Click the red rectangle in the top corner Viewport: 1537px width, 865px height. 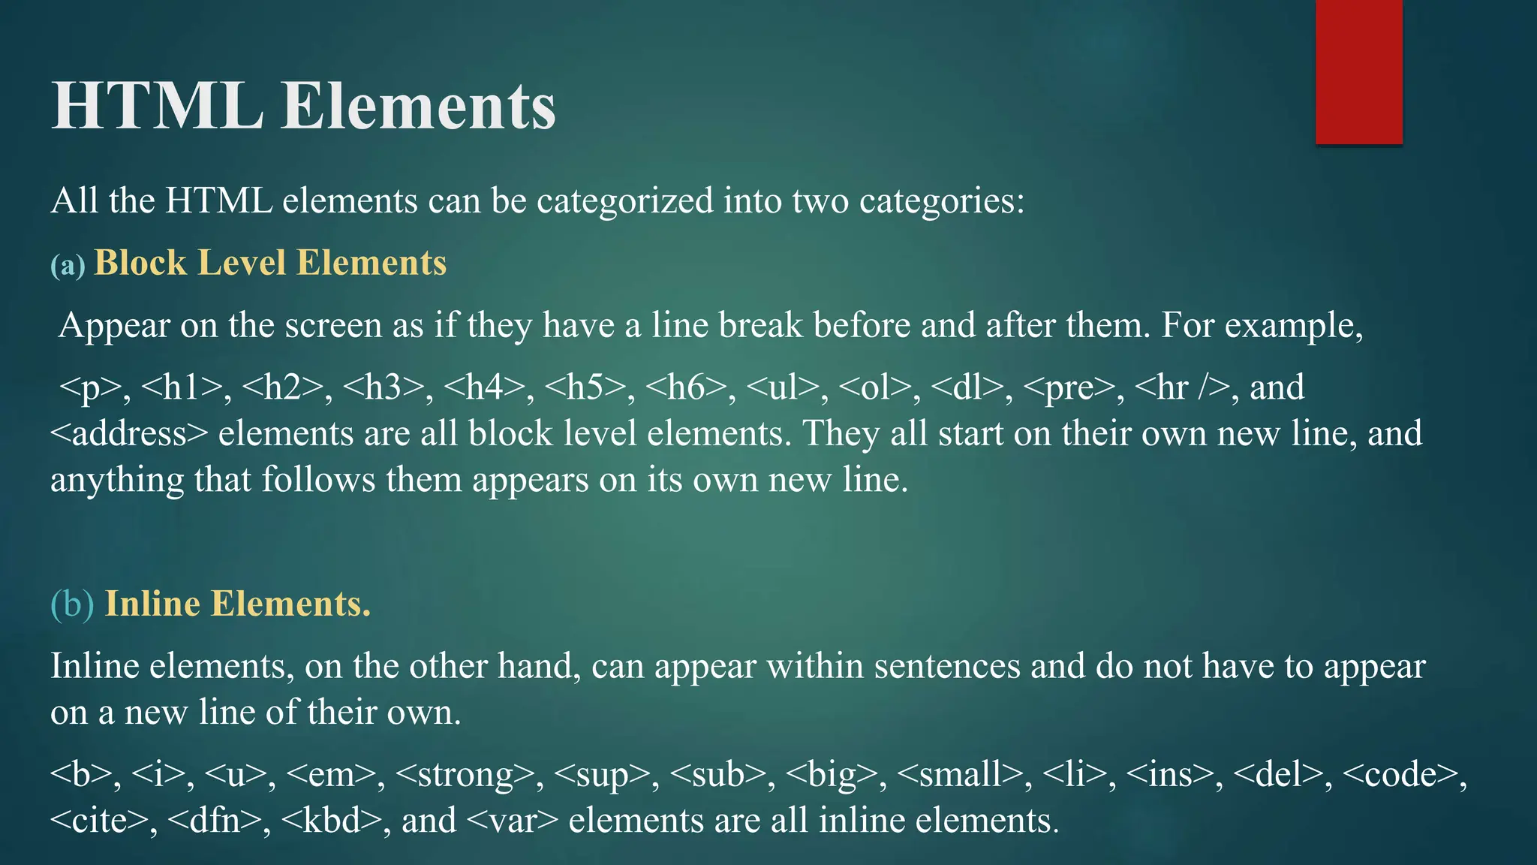(x=1358, y=72)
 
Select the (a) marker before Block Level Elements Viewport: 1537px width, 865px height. (x=68, y=265)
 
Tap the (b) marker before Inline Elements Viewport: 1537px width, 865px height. (x=72, y=604)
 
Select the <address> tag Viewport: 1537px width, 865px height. (x=128, y=434)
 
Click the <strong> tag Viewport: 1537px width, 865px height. (x=465, y=774)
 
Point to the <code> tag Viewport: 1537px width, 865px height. (x=1400, y=774)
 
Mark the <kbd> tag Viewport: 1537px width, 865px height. (x=331, y=820)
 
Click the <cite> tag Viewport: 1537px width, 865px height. (x=99, y=820)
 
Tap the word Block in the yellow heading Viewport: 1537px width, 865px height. (x=140, y=263)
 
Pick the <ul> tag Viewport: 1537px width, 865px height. (x=784, y=387)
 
